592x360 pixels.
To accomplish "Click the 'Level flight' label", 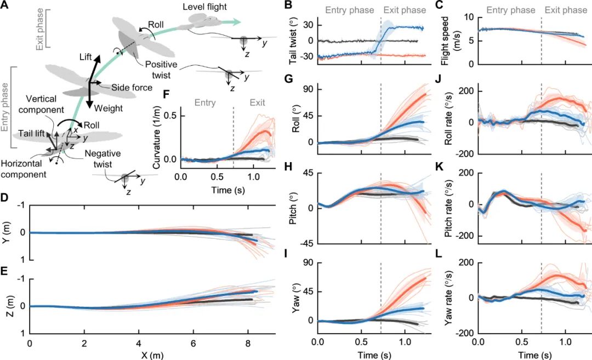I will pyautogui.click(x=204, y=6).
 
